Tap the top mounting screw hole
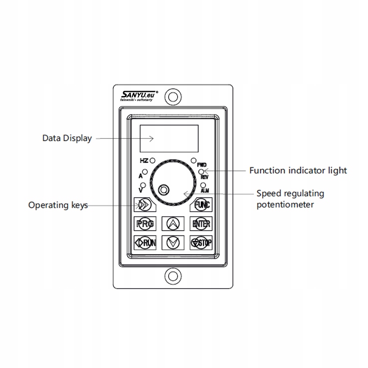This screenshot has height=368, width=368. coord(172,96)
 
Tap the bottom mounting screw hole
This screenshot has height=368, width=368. coord(172,276)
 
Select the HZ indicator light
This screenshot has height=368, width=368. coord(153,160)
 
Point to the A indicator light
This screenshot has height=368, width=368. coord(146,172)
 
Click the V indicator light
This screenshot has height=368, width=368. coord(143,185)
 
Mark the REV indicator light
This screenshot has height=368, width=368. coord(202,172)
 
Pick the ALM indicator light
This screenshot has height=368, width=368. coord(203,185)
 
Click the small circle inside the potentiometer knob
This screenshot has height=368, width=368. coord(164,189)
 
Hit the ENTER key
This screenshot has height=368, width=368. coord(201,224)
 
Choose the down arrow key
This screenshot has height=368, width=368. coord(172,242)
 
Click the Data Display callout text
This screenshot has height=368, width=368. coord(67,138)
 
